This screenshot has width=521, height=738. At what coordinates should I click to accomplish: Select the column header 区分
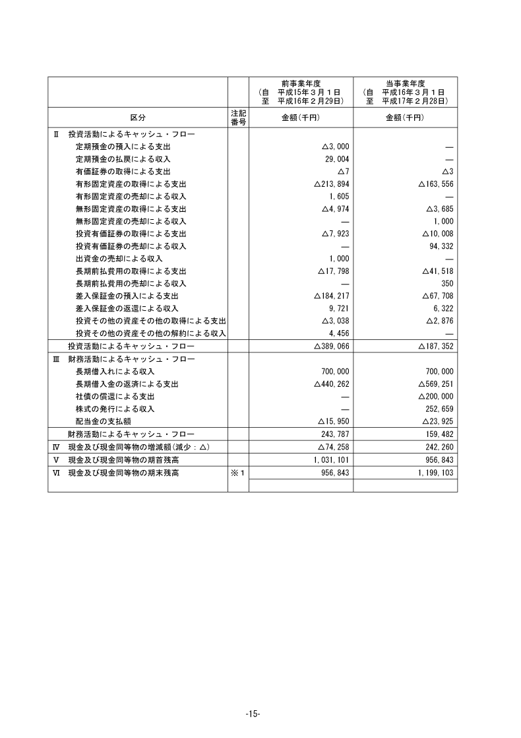point(138,117)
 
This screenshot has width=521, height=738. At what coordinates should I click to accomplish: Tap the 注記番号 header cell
point(238,117)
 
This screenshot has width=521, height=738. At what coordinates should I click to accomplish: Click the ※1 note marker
point(238,473)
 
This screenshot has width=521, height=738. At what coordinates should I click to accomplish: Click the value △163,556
point(435,184)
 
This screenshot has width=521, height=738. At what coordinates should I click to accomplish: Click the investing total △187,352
point(435,346)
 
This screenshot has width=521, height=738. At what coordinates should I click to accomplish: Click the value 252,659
point(438,409)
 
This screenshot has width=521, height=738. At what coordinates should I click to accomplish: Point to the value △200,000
point(435,396)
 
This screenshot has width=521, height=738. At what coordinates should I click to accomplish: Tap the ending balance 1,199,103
point(434,473)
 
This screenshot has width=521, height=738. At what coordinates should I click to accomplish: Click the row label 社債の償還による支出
point(115,396)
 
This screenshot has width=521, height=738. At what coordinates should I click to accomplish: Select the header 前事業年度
point(301,83)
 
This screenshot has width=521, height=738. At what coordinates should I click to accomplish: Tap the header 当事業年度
point(405,83)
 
